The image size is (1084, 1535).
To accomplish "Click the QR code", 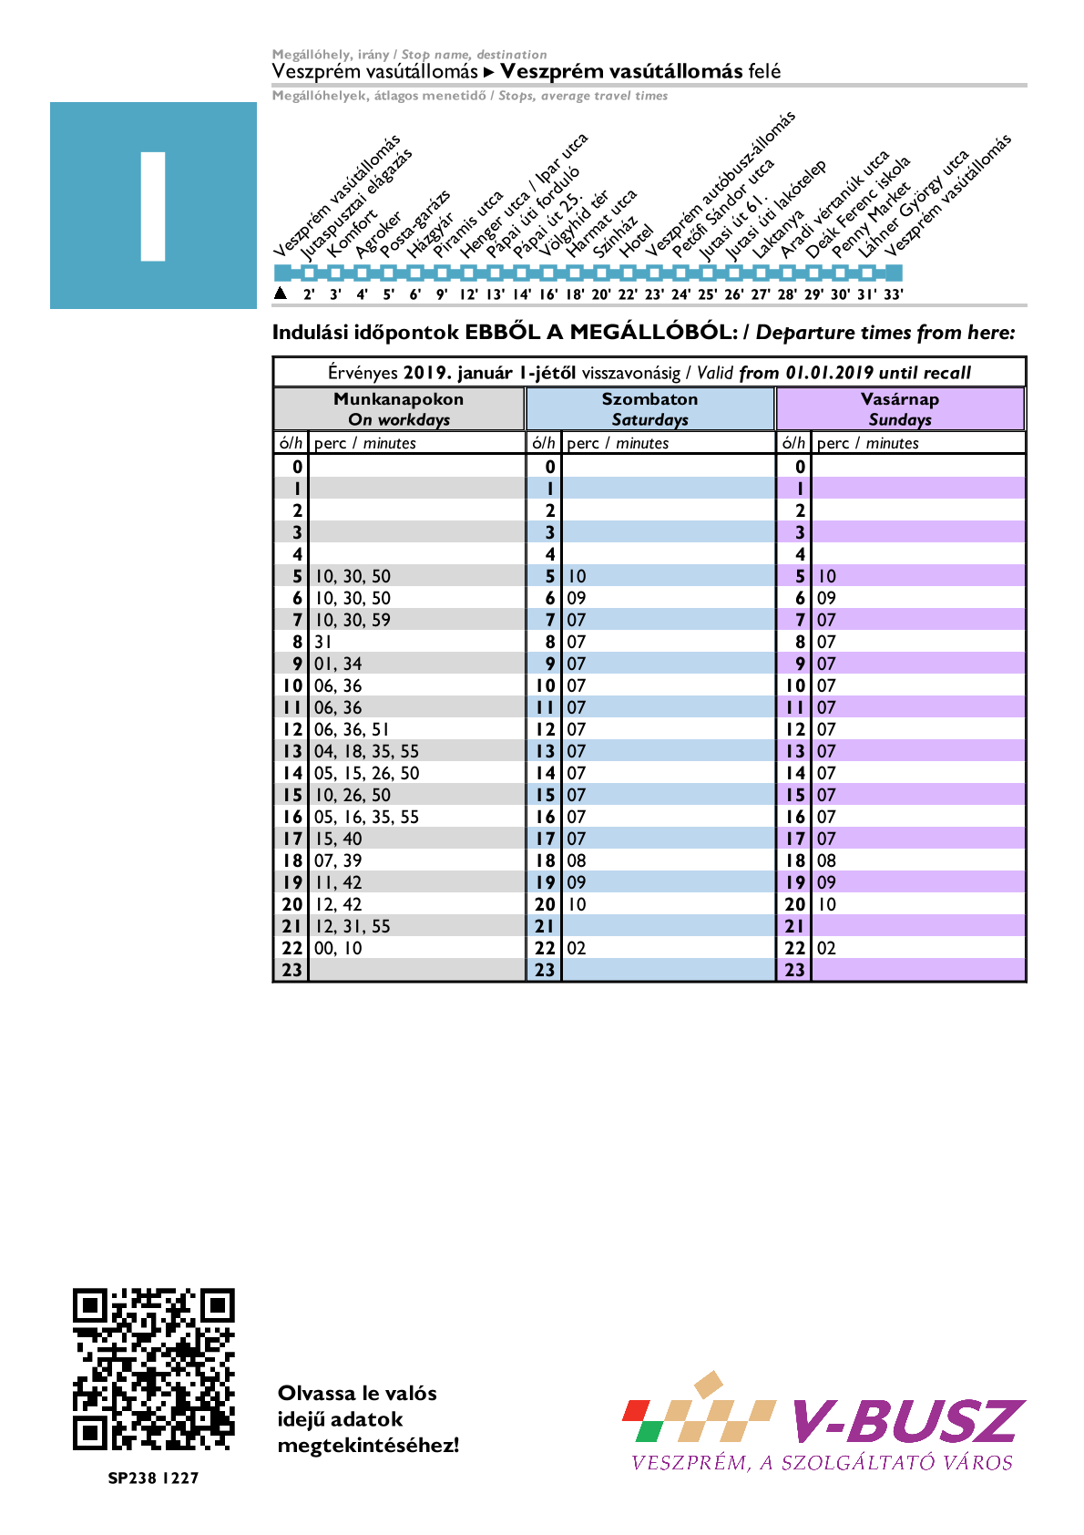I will tap(153, 1369).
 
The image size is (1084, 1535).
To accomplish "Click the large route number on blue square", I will tap(153, 206).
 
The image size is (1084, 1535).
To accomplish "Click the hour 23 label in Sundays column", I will tap(795, 970).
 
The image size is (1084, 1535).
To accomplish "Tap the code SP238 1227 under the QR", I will tap(153, 1478).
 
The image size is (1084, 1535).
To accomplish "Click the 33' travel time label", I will tap(894, 294).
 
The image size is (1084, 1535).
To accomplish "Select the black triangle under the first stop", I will tap(281, 294).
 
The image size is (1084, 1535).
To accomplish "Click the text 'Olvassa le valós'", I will tap(357, 1393).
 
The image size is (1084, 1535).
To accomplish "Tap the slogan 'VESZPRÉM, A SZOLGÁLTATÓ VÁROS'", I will tap(822, 1463).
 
